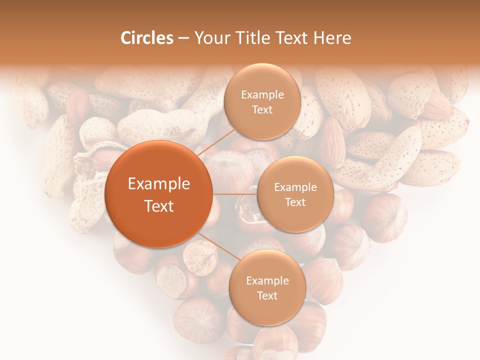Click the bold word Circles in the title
(146, 38)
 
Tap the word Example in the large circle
(159, 184)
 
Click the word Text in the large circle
(159, 206)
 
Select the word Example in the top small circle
(262, 95)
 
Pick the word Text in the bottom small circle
(267, 296)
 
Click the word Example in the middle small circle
(295, 187)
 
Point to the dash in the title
(183, 38)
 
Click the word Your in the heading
(209, 38)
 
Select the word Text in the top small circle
(262, 109)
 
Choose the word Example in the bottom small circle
(267, 281)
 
